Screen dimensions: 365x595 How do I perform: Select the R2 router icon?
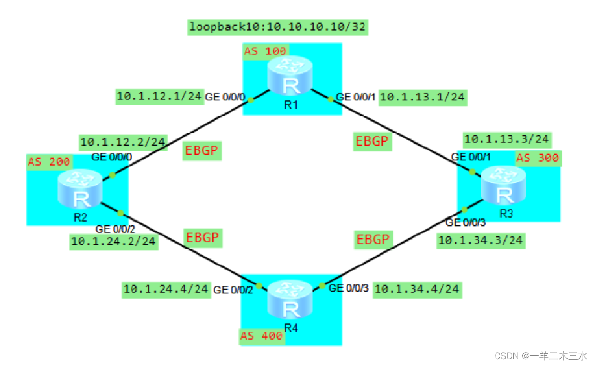point(80,188)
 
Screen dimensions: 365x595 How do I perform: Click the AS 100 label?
point(265,50)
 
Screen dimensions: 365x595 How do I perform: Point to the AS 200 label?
point(50,162)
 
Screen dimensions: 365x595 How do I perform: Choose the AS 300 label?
point(537,158)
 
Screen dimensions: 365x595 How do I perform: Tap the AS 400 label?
point(262,336)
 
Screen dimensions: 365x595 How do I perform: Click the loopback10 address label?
point(278,27)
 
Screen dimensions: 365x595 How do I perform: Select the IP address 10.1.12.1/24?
point(159,97)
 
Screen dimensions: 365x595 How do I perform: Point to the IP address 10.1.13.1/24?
point(422,97)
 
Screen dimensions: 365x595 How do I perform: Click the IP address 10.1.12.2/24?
point(122,142)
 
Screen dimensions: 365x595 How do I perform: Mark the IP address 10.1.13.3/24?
point(507,140)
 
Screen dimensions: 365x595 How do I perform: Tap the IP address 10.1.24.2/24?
point(114,241)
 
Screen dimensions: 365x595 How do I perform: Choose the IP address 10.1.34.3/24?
point(480,240)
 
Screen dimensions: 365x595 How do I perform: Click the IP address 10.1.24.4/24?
point(166,290)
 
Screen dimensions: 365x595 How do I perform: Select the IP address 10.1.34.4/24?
point(416,289)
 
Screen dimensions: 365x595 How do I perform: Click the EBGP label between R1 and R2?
point(202,151)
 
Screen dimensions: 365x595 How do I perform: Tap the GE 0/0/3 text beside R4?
point(349,288)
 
